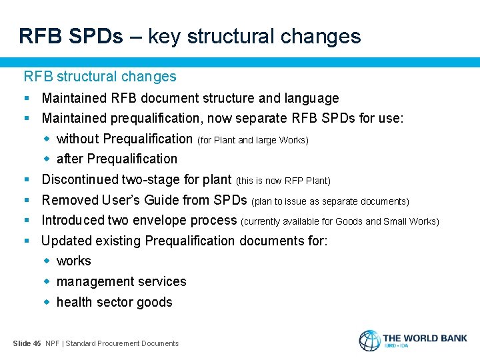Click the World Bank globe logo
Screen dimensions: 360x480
pyautogui.click(x=369, y=341)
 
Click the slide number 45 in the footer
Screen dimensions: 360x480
pyautogui.click(x=37, y=343)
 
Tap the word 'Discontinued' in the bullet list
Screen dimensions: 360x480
pyautogui.click(x=80, y=179)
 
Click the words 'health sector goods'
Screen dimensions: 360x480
pyautogui.click(x=114, y=302)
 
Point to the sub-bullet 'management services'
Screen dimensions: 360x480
pyautogui.click(x=121, y=281)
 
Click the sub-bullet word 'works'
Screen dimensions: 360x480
pyautogui.click(x=73, y=261)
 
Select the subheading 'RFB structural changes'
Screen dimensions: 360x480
pyautogui.click(x=100, y=77)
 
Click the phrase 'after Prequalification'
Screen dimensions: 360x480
pyautogui.click(x=117, y=159)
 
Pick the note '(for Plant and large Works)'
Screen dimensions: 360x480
pyautogui.click(x=253, y=140)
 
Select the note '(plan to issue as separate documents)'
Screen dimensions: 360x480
pyautogui.click(x=330, y=201)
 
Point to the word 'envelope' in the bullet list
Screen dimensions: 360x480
pyautogui.click(x=164, y=220)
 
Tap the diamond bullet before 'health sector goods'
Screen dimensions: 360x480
pyautogui.click(x=47, y=302)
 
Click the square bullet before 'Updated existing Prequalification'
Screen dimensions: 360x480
pyautogui.click(x=27, y=241)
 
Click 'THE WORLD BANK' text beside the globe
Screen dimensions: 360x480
pyautogui.click(x=425, y=338)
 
